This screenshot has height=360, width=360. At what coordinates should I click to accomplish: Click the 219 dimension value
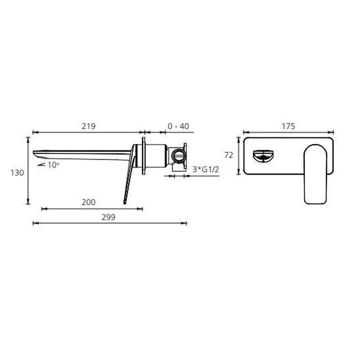point(89,126)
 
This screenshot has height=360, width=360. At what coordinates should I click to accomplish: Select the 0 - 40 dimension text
point(178,126)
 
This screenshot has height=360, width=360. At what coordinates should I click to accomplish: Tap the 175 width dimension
point(288,126)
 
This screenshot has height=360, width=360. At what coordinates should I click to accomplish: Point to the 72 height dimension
point(229,155)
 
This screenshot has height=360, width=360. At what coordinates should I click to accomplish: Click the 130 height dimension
point(17,173)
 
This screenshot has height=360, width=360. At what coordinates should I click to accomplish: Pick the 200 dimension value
point(89,202)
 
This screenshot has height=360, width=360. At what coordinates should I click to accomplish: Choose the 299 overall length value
point(108,217)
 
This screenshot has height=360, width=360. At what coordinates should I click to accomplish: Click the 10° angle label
point(54,165)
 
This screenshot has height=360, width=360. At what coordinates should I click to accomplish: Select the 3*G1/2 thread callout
point(206,170)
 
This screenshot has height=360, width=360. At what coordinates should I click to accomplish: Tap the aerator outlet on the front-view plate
point(263,156)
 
